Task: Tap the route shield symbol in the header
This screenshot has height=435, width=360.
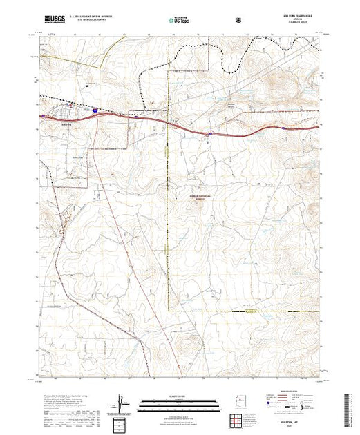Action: pos(239,20)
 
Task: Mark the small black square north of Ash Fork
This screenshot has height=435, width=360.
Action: pos(86,86)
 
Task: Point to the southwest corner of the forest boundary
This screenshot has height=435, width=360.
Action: pos(169,310)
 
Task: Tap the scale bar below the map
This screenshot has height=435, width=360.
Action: pos(179,403)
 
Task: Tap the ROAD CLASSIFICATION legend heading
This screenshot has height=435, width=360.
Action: pos(291,396)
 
